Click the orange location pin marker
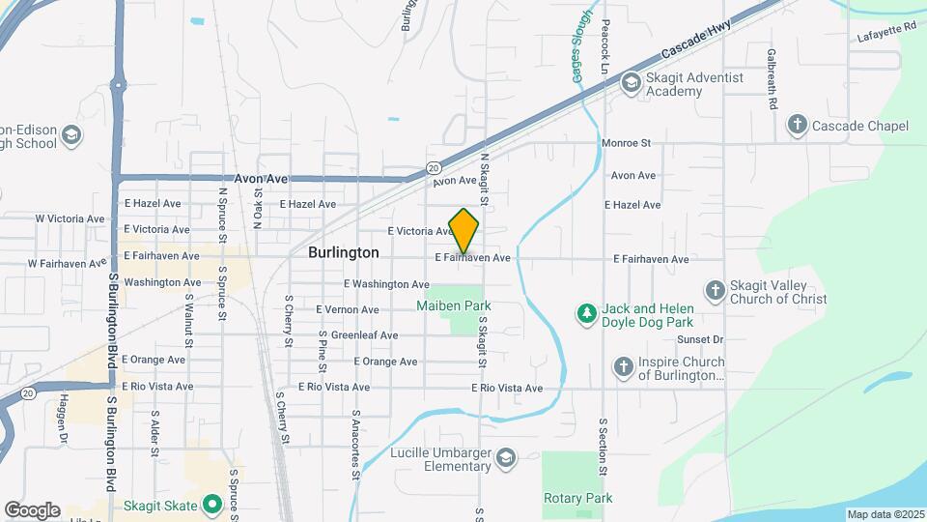point(463,230)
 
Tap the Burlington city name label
point(343,252)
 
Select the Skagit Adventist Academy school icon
point(632,83)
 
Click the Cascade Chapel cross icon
point(797,126)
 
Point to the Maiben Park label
point(454,305)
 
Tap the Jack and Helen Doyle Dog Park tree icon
point(585,313)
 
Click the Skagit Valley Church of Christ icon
point(716,290)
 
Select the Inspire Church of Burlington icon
point(624,366)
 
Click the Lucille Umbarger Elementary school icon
point(505,455)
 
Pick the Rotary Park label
point(578,499)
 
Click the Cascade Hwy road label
point(692,42)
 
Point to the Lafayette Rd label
point(885,34)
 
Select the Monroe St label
point(627,143)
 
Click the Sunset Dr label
point(700,339)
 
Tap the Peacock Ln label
point(605,46)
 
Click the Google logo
point(32,509)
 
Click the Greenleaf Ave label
point(364,335)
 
